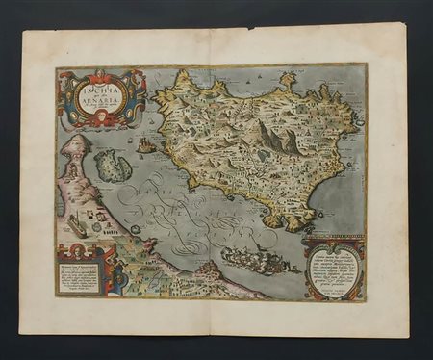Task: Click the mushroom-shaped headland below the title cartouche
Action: [79, 146]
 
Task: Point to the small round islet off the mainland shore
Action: [136, 229]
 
